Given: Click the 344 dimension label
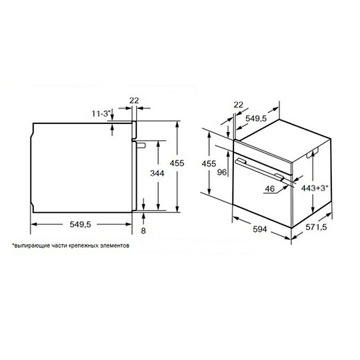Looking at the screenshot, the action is pos(157,173).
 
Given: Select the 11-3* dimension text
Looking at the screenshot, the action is pos(101,113).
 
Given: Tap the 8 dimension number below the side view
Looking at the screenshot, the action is pos(143,230).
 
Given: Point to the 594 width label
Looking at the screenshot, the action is pos(260,229).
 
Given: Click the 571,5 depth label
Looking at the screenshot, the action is pos(316,227).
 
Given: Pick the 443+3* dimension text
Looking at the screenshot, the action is pos(315,188).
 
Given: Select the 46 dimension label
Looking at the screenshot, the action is pos(270,189).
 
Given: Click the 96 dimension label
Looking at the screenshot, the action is pos(222,172).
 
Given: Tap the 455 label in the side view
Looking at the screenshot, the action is pos(176,163).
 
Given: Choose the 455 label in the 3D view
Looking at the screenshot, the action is pos(208,164).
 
